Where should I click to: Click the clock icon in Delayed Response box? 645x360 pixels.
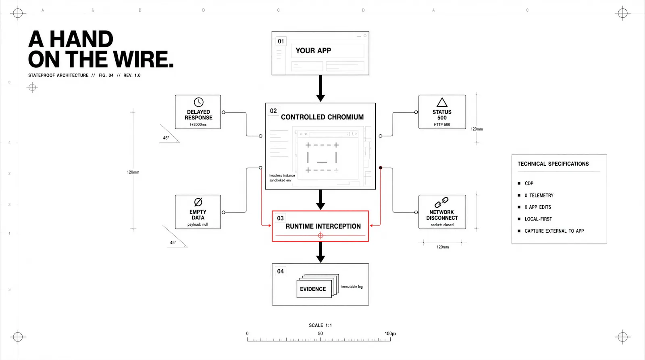click(x=198, y=102)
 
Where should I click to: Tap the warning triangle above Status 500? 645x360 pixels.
click(x=442, y=102)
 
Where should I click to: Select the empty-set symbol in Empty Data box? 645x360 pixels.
click(x=198, y=202)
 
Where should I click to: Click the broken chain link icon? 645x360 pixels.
click(x=441, y=202)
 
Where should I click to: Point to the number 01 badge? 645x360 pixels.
click(x=281, y=42)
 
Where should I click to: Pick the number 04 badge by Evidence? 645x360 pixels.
click(x=281, y=271)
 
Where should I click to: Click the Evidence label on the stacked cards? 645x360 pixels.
click(x=313, y=289)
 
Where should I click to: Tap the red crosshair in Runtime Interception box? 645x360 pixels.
click(x=320, y=235)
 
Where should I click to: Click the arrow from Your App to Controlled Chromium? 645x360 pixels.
click(x=320, y=88)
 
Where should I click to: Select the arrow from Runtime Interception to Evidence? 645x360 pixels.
click(x=320, y=252)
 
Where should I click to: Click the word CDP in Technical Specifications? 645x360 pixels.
click(x=529, y=183)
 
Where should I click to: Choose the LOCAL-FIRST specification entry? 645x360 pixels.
click(x=538, y=219)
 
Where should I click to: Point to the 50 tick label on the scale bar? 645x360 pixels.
click(x=320, y=333)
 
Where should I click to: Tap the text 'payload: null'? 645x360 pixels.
click(x=198, y=225)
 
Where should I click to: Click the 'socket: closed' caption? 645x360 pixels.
click(x=442, y=225)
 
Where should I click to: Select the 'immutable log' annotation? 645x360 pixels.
click(x=352, y=287)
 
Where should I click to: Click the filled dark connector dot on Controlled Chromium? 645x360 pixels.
click(x=381, y=168)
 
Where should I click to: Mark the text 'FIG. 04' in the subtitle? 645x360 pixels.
click(x=106, y=75)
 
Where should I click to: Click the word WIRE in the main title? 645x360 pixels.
click(x=143, y=59)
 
